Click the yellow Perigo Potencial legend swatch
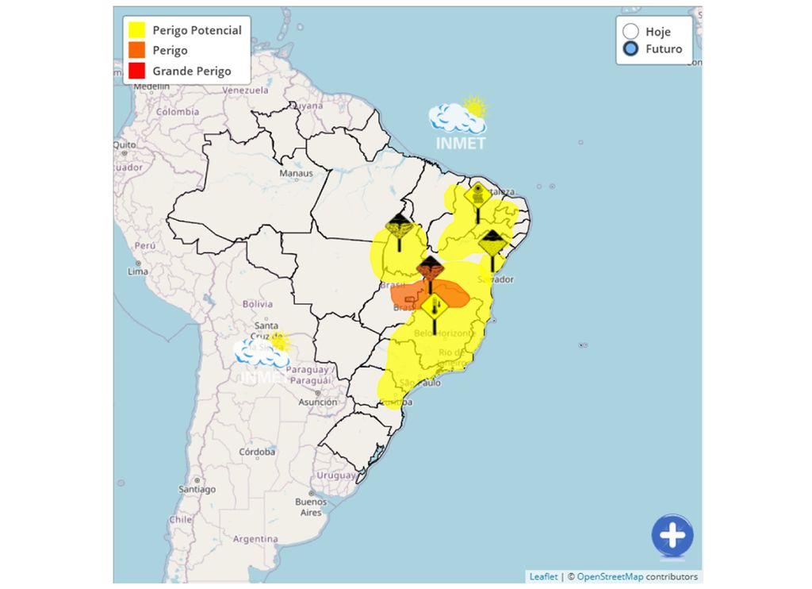pos(137,30)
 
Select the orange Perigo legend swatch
pos(137,51)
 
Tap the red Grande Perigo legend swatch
pos(137,71)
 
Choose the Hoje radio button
pos(631,32)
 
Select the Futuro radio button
pos(631,49)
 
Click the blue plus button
pos(672,536)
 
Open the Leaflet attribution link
pos(543,577)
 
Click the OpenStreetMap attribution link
pos(609,577)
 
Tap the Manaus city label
pos(296,173)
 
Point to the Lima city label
pos(137,271)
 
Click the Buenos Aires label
pos(311,507)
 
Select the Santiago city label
pos(197,490)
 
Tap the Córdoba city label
pos(258,452)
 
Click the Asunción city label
pos(317,402)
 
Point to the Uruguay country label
pos(336,475)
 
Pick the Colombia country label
pos(178,112)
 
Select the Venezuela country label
pos(247,90)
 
